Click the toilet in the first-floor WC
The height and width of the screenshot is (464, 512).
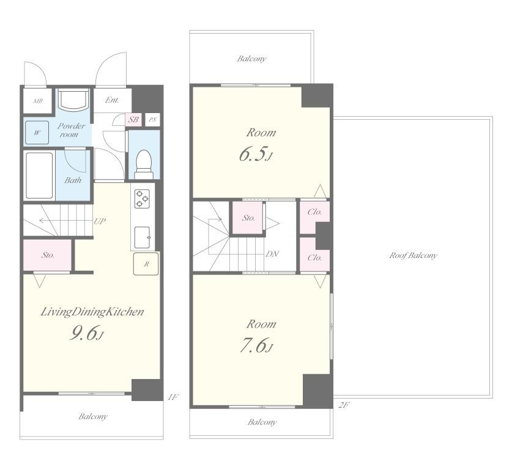click(144, 164)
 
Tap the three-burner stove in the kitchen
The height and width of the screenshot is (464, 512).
click(142, 199)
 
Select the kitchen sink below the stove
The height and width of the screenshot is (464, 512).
click(143, 237)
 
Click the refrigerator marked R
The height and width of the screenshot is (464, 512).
click(146, 263)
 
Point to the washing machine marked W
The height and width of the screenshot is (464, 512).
click(37, 133)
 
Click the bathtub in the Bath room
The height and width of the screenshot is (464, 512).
click(39, 175)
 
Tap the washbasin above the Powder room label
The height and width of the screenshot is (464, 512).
click(73, 99)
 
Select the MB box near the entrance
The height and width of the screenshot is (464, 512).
click(37, 101)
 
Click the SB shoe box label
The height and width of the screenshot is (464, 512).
click(133, 120)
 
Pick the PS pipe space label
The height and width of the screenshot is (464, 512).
click(152, 120)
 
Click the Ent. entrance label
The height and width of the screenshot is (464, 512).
click(112, 100)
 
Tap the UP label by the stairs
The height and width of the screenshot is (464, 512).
click(100, 221)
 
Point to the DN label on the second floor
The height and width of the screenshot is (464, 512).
click(272, 254)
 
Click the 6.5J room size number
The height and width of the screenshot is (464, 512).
click(255, 154)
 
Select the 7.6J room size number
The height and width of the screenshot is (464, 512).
click(256, 345)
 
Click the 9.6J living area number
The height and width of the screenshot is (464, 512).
click(86, 333)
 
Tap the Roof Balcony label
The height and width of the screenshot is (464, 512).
click(413, 255)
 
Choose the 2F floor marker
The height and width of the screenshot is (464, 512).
click(344, 405)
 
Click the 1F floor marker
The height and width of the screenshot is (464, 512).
click(173, 397)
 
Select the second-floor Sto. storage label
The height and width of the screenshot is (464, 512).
click(248, 218)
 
